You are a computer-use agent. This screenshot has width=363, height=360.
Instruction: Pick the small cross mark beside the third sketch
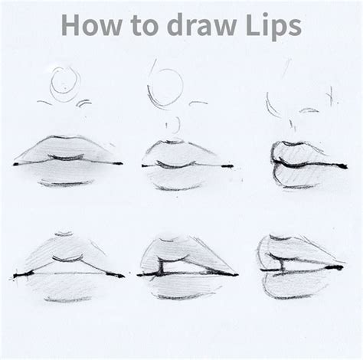[x=329, y=98]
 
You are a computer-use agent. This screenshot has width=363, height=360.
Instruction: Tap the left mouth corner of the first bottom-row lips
[x=15, y=273]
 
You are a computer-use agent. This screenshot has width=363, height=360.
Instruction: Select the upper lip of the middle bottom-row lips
[x=184, y=249]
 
